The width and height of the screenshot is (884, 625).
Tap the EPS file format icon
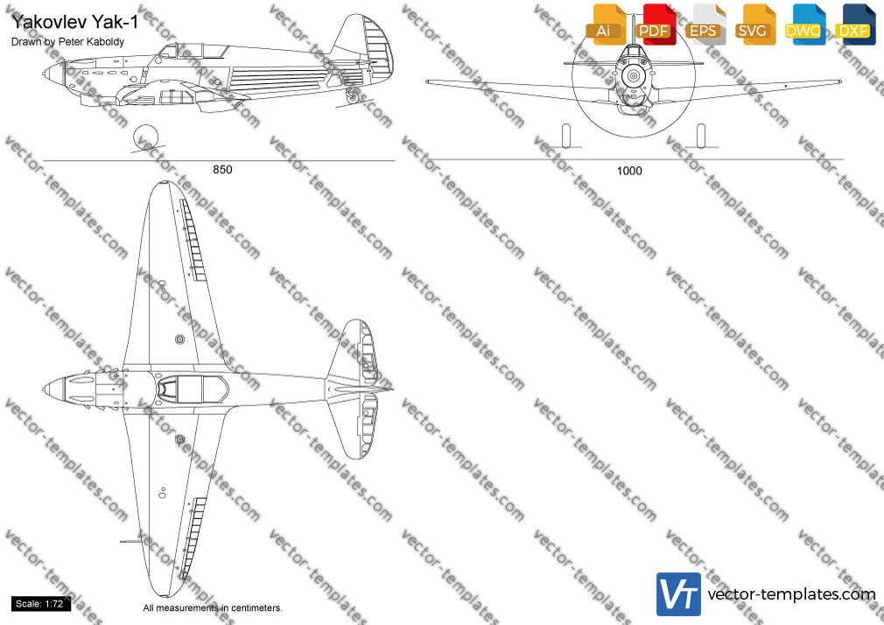click(705, 25)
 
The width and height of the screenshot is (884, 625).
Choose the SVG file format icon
click(754, 25)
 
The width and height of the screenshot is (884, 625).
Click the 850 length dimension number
click(222, 170)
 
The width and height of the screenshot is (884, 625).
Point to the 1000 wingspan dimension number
click(629, 171)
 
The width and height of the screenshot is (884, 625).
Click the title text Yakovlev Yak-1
click(74, 22)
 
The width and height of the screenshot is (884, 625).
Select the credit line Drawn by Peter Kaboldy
click(67, 42)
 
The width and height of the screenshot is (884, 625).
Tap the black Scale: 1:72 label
click(39, 604)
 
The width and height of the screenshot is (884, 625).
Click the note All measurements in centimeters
click(213, 608)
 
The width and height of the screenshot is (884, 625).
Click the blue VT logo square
click(679, 594)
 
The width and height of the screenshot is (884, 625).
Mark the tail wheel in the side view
click(353, 97)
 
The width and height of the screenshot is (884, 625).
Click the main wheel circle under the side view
click(145, 137)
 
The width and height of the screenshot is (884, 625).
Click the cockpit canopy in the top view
click(193, 390)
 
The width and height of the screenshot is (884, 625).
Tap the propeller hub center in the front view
click(634, 75)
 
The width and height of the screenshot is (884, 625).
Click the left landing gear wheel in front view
click(566, 136)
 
